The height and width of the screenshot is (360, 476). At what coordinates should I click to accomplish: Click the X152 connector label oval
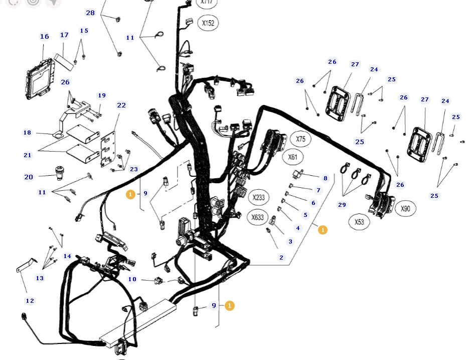click(x=208, y=23)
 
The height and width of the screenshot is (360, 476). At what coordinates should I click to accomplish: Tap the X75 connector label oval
click(x=300, y=139)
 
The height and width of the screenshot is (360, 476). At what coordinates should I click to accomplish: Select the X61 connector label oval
click(x=293, y=157)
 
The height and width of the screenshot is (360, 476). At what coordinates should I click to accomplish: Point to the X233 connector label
click(x=258, y=197)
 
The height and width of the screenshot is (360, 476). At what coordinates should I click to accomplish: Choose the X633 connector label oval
click(x=257, y=217)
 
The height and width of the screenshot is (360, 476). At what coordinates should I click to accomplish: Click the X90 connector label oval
click(x=405, y=208)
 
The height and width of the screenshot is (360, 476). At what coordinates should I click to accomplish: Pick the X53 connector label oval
click(x=359, y=222)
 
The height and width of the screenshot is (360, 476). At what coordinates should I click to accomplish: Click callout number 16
click(x=45, y=36)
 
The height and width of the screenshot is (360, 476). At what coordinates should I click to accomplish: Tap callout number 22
click(x=121, y=105)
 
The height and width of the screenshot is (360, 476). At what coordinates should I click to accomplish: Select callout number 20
click(x=29, y=177)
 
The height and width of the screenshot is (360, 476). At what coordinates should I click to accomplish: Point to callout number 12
click(x=30, y=300)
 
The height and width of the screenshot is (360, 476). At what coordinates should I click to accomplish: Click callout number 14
click(x=67, y=256)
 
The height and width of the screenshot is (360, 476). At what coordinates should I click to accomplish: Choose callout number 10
click(x=132, y=279)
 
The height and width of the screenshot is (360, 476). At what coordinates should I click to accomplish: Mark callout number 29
click(x=342, y=205)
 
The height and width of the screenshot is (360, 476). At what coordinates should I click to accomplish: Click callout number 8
click(x=325, y=178)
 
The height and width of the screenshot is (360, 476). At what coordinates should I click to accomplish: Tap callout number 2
click(x=281, y=258)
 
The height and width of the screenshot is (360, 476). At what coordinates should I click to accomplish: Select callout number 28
click(x=90, y=13)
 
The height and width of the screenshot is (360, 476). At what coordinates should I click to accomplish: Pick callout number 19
click(x=102, y=95)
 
